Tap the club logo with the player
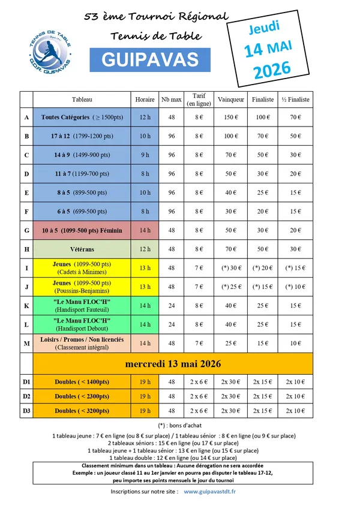(49, 49)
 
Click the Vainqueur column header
(231, 99)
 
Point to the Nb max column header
(172, 99)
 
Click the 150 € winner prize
(231, 118)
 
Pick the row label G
(26, 230)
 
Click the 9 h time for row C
(145, 155)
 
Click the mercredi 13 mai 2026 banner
(173, 364)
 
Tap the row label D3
(26, 411)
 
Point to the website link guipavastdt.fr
(209, 492)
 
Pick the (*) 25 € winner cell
(231, 287)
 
